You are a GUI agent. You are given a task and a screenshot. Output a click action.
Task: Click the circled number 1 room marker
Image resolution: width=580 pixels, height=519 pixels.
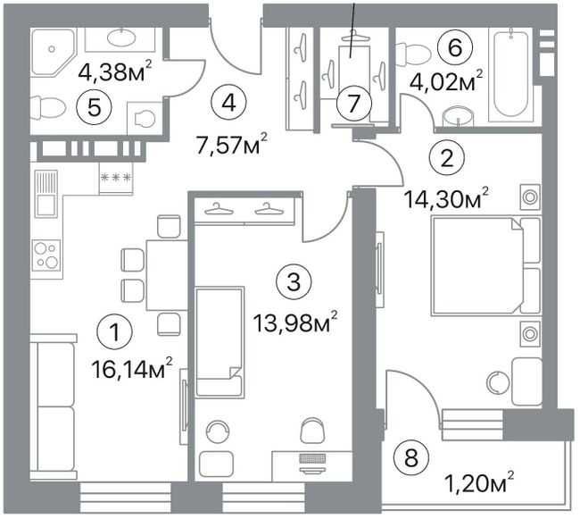point(115,332)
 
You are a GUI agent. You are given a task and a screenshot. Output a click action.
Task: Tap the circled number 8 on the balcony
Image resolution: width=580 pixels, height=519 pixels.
point(411,458)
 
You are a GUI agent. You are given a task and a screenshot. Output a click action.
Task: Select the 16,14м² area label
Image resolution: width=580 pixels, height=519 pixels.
point(132,370)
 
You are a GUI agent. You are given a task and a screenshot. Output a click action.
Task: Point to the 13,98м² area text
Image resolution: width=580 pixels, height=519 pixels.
point(295,323)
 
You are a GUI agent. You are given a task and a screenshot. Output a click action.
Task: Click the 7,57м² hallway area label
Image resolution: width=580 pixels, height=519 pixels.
point(232,145)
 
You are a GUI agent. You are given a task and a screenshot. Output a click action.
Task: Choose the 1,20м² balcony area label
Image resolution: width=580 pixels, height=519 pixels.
point(480,483)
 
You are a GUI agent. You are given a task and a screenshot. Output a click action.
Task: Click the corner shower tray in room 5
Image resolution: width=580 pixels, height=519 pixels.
point(54,52)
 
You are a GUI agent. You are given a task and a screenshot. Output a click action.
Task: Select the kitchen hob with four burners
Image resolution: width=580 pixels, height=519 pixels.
point(46,255)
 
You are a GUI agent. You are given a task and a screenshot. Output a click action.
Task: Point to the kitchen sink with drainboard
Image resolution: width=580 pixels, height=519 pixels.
point(46,193)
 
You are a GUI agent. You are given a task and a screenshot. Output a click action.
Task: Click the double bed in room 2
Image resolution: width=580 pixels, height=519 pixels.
point(485,266)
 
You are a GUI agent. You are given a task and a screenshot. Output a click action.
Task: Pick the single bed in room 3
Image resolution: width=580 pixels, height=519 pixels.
point(220,342)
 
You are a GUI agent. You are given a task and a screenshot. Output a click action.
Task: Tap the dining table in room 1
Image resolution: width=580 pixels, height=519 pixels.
point(167,275)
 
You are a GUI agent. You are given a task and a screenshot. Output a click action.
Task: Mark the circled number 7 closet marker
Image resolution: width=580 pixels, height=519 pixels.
point(354,104)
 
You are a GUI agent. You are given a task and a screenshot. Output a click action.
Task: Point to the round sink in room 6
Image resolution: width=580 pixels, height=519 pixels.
point(459,116)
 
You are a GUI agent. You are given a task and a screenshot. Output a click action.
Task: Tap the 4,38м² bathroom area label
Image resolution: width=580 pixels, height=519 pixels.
point(115,71)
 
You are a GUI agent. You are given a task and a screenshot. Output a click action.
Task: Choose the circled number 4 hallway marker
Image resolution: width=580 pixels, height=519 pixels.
point(229,104)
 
